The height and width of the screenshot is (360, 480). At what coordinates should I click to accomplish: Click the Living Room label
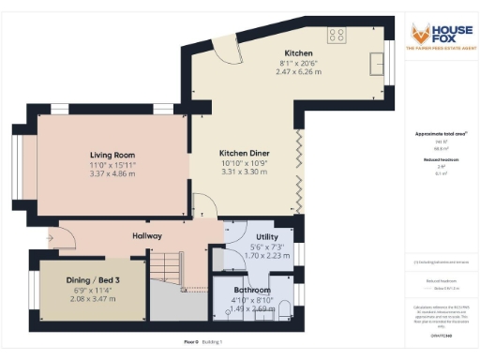(113, 154)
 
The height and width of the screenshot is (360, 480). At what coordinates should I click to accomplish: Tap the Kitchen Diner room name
(245, 153)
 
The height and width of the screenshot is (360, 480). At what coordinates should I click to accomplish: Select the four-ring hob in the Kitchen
(335, 36)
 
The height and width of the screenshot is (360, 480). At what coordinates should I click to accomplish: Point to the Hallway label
(147, 235)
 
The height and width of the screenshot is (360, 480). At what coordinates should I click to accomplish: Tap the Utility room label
(254, 223)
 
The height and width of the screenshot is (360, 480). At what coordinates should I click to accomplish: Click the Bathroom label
(250, 290)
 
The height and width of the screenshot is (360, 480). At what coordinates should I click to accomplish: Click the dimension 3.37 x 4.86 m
(113, 173)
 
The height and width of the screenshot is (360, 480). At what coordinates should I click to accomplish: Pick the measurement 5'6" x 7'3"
(254, 232)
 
